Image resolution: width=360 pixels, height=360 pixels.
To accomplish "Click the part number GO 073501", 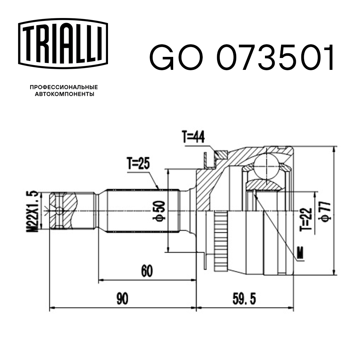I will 242,57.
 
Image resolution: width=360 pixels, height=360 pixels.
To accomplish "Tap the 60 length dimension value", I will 146,270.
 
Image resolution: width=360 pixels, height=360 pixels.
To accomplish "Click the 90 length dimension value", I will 122,299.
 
